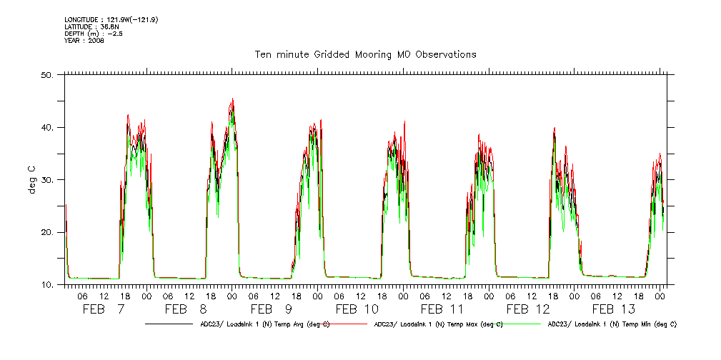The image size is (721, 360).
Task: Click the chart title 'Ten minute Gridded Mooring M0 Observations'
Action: point(365,55)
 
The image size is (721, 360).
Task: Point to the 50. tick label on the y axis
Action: point(48,75)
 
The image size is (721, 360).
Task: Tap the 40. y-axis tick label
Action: point(48,127)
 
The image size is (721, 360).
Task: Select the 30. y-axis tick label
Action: point(48,180)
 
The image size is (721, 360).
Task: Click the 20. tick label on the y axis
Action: point(48,232)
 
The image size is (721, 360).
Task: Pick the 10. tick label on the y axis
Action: point(48,285)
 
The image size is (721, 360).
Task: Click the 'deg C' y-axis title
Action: point(32,180)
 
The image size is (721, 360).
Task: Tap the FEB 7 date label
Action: point(104,309)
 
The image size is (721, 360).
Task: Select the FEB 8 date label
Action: point(186,309)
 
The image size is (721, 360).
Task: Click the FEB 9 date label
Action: point(271,309)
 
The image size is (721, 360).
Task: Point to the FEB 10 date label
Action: point(357,309)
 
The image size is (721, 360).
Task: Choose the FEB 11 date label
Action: point(442,309)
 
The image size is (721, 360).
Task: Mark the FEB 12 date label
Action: point(527,309)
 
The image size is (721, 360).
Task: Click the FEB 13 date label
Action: point(613,309)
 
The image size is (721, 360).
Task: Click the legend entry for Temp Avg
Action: point(264,324)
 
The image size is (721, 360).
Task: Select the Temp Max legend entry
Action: point(438,324)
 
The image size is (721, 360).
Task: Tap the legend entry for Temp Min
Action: point(612,324)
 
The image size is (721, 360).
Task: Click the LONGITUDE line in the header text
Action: point(111,19)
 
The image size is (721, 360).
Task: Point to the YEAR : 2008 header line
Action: point(84,41)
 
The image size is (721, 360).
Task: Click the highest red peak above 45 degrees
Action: point(233,99)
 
